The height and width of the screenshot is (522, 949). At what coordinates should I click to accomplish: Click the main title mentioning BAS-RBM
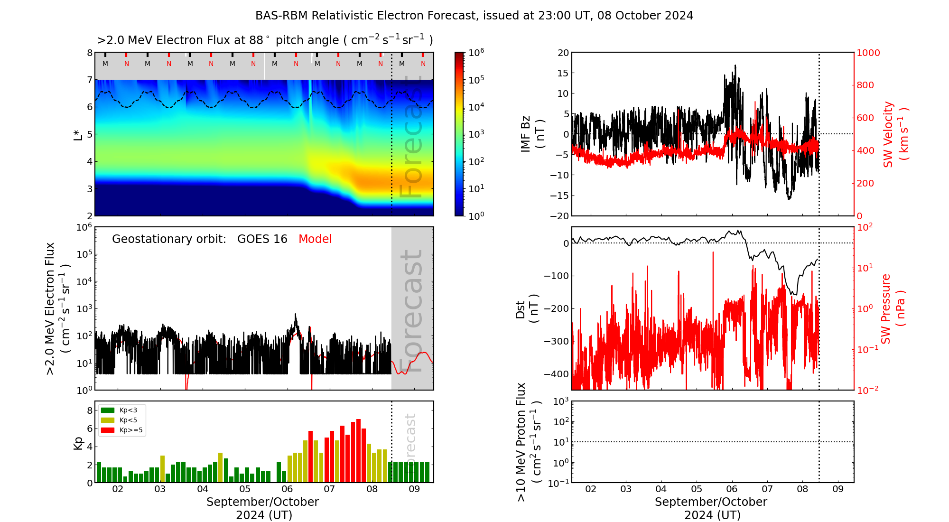pyautogui.click(x=474, y=16)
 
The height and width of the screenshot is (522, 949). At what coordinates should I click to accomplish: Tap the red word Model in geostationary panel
pyautogui.click(x=315, y=239)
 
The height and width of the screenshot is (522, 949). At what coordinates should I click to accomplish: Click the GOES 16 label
pyautogui.click(x=262, y=239)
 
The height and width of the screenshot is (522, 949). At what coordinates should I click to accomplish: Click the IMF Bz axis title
pyautogui.click(x=532, y=134)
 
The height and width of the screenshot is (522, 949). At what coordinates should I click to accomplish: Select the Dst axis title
pyautogui.click(x=527, y=308)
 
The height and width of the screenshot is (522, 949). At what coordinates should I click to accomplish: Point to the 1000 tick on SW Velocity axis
pyautogui.click(x=868, y=53)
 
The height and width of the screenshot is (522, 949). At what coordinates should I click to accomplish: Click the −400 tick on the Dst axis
pyautogui.click(x=556, y=374)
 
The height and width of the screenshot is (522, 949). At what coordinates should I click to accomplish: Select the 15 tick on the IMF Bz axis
pyautogui.click(x=563, y=73)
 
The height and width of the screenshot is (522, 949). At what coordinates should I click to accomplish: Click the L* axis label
pyautogui.click(x=78, y=134)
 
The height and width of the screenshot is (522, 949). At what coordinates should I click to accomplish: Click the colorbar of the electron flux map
pyautogui.click(x=459, y=134)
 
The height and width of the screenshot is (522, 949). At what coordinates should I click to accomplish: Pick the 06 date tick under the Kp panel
pyautogui.click(x=287, y=489)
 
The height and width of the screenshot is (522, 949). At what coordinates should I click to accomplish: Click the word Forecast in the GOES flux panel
pyautogui.click(x=411, y=311)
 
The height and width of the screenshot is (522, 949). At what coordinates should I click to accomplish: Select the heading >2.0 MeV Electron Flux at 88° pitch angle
pyautogui.click(x=265, y=40)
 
